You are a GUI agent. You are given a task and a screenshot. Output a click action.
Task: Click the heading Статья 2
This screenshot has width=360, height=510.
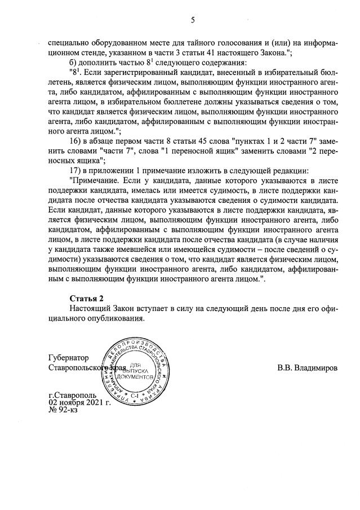pyautogui.click(x=87, y=298)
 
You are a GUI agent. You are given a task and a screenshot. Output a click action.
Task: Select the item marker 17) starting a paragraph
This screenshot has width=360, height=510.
pyautogui.click(x=77, y=170)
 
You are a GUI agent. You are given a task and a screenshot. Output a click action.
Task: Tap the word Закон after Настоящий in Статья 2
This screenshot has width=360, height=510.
pyautogui.click(x=130, y=308)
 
